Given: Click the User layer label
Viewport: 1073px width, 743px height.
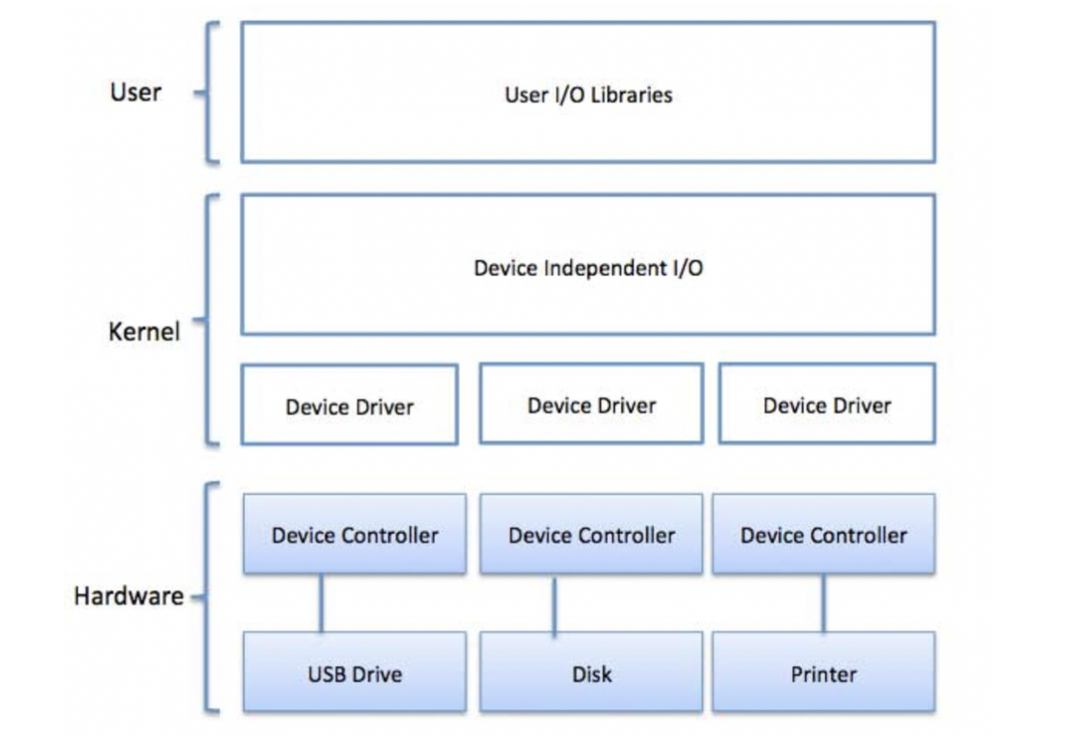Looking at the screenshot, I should [135, 92].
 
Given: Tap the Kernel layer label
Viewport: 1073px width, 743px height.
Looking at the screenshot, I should [144, 332].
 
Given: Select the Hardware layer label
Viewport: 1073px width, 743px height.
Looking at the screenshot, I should [129, 597].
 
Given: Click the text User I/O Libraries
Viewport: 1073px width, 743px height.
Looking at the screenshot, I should [588, 94].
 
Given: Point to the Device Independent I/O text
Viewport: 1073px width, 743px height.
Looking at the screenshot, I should [588, 267].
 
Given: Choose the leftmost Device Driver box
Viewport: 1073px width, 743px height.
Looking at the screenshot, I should [349, 405].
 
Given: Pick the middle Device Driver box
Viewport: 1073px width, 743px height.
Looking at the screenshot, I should [591, 404].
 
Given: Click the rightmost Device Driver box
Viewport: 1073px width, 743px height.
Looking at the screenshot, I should [827, 404].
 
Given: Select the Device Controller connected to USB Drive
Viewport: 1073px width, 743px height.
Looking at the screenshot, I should [355, 535].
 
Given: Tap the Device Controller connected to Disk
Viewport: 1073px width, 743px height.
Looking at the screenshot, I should [591, 535].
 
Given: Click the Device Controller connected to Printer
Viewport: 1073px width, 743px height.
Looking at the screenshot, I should [823, 535].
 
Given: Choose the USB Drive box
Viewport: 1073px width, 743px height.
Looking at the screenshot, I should [355, 673].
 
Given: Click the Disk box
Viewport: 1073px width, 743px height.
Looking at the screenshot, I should [591, 673].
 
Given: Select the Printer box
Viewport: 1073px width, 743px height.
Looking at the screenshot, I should [823, 673].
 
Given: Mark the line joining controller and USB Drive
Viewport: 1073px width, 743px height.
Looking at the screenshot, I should [321, 604].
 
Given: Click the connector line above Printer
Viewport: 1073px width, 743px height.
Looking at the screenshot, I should [823, 604].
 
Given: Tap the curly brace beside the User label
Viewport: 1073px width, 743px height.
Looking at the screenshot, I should [209, 93].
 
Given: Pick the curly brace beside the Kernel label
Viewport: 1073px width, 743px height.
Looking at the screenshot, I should [209, 319].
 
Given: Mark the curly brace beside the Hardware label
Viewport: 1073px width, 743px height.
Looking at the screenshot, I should [209, 597].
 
